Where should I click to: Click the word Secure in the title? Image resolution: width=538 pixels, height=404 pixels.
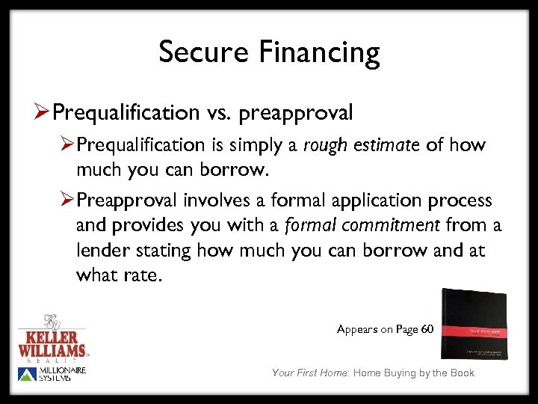coord(204,52)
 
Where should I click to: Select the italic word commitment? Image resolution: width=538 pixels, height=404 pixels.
coord(404,224)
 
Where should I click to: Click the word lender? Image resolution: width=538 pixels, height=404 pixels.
coord(102,250)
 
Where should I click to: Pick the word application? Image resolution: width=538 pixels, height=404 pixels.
coord(368,201)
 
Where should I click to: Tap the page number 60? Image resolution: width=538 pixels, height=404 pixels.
coord(427,329)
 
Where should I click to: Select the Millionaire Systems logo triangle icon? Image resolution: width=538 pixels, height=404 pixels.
coord(27,373)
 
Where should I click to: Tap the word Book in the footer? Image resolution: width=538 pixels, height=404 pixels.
coord(461,373)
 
